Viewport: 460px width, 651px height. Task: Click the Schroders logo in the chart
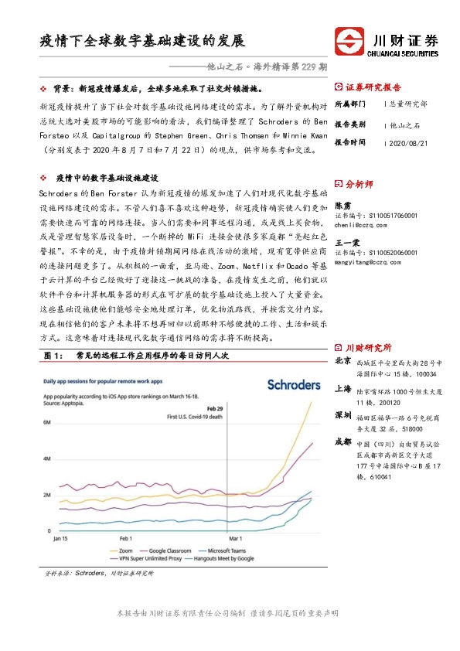293,384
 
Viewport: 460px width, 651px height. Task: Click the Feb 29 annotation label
215,407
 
